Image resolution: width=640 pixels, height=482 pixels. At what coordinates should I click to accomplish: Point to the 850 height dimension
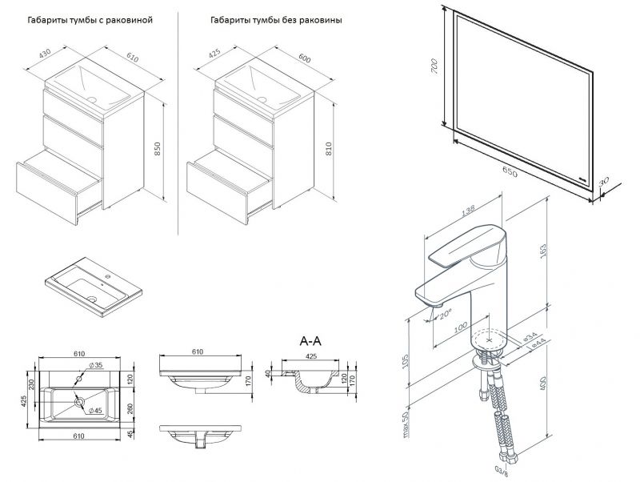[x=158, y=148]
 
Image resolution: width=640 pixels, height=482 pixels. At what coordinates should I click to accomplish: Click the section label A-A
[x=311, y=340]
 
